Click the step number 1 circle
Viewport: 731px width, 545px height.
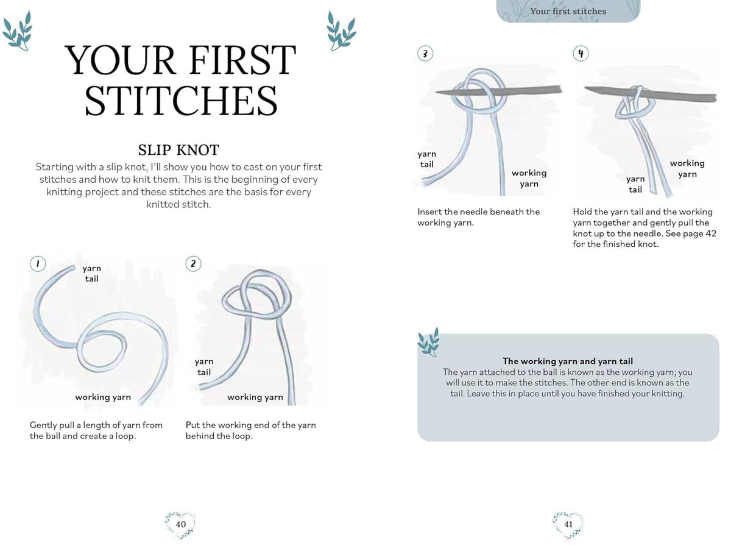point(38,263)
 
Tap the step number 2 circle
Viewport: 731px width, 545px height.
point(193,263)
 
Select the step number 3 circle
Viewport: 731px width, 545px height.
point(425,54)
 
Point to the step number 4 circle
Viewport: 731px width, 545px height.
point(581,54)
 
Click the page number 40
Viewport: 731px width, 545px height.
point(180,524)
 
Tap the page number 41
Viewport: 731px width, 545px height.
point(568,524)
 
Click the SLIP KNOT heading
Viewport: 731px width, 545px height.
point(178,150)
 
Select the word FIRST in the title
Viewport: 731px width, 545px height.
point(242,60)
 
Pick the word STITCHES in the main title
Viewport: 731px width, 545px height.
point(181,101)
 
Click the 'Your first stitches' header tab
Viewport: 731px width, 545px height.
point(568,11)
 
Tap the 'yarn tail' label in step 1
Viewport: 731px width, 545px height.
point(91,274)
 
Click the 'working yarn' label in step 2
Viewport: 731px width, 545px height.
point(255,397)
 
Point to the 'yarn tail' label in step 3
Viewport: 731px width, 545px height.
point(427,159)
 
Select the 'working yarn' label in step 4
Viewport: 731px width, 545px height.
point(687,169)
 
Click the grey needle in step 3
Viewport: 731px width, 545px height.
point(500,91)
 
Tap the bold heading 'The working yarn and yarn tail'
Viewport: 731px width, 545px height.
point(568,361)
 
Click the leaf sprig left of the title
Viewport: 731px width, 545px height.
point(18,31)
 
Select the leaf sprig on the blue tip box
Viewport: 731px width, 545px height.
point(428,342)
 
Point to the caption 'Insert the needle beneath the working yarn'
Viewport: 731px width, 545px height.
point(479,217)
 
